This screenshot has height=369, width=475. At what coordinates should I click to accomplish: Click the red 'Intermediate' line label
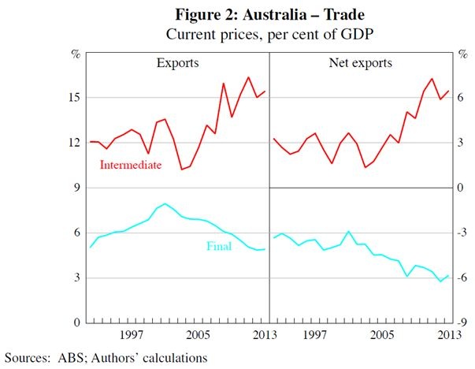click(x=131, y=165)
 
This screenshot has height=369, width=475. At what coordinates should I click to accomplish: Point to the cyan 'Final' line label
click(x=219, y=245)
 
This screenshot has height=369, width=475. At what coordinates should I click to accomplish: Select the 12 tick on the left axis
click(x=74, y=143)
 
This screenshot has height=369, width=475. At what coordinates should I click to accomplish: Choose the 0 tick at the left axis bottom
click(x=76, y=323)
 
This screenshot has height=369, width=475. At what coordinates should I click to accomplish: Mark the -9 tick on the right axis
click(x=464, y=323)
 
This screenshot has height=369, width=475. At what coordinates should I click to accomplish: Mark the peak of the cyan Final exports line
click(x=165, y=203)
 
